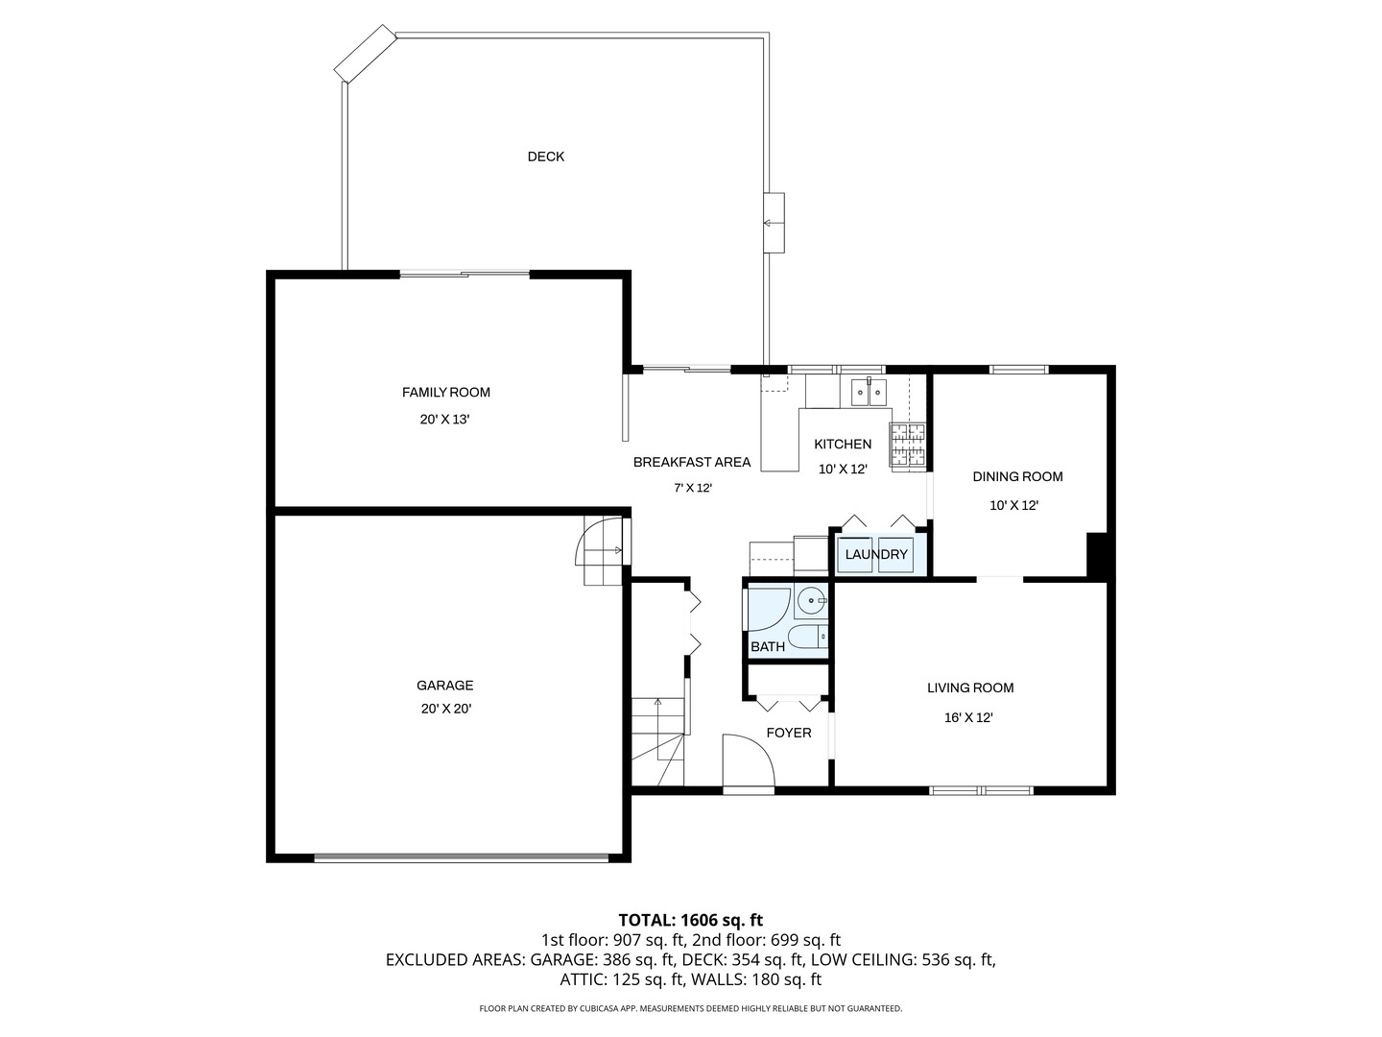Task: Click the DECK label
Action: coord(545,157)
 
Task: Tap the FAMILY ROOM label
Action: coord(445,393)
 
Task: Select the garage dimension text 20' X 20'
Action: coord(445,709)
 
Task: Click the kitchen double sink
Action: coord(869,392)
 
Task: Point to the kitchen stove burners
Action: coord(907,445)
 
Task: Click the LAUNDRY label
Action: coord(876,554)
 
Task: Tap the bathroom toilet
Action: coord(808,638)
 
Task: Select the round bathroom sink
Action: coord(811,601)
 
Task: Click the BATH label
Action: coord(768,646)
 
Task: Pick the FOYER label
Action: coord(788,733)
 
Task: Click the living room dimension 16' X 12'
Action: coord(968,718)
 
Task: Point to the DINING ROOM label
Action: coord(1017,476)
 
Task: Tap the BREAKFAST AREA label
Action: coord(691,462)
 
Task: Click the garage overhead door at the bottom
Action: coord(462,856)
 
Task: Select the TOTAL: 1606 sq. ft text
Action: coord(691,920)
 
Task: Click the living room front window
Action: coord(981,790)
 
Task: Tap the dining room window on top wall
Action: coord(1018,369)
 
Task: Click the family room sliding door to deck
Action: coord(465,274)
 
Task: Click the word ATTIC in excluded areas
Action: coord(580,979)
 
